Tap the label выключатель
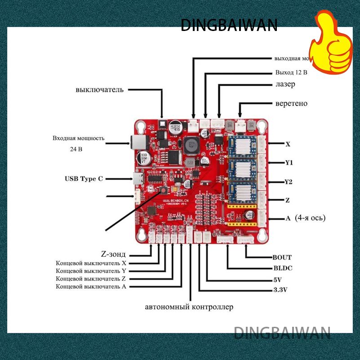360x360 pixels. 99,89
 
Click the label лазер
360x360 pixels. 285,84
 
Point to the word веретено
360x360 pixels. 291,103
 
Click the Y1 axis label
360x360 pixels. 289,163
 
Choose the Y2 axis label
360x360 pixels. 289,182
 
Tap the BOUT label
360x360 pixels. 282,257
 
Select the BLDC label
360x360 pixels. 283,268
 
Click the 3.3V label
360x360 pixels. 280,290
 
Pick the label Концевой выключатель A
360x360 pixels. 91,286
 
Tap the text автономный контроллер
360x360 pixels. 189,307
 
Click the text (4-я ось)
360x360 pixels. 311,218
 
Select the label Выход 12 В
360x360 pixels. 291,72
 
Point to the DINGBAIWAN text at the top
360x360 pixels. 229,25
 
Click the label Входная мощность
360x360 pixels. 78,138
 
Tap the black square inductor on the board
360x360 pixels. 190,144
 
